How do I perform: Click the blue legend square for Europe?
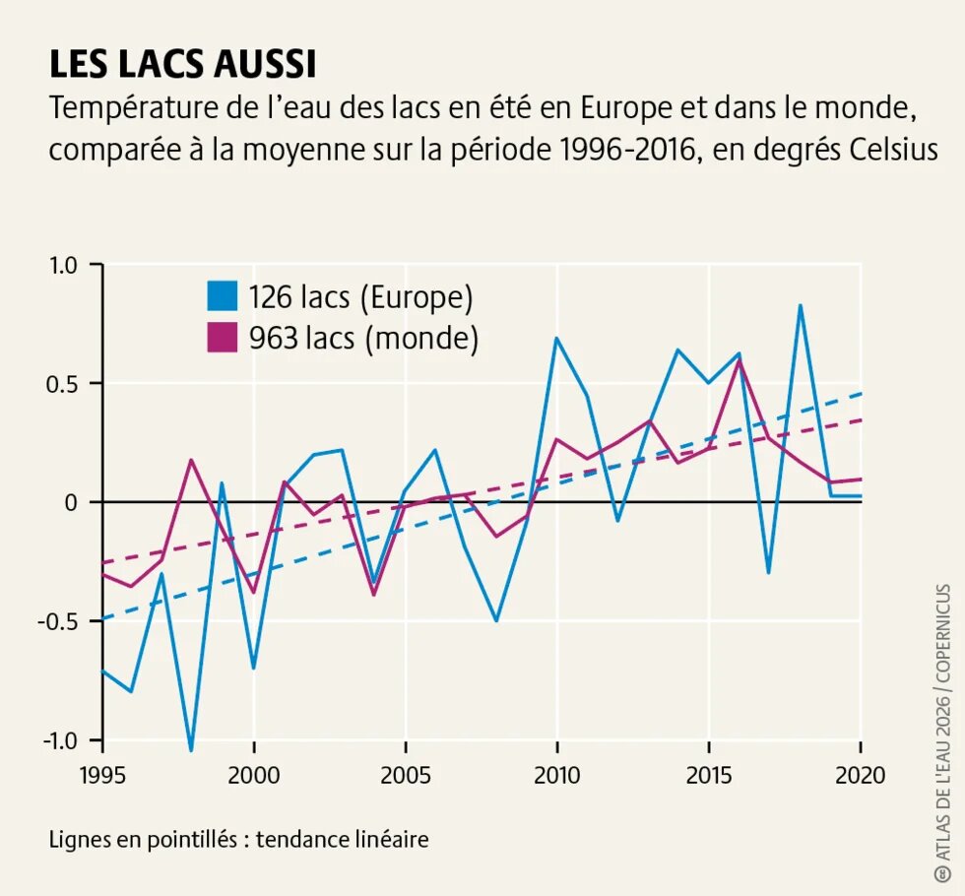(223, 296)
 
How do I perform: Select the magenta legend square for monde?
(223, 338)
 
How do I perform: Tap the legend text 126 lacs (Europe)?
(360, 296)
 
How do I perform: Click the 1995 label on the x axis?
(102, 775)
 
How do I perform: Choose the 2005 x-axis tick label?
(406, 775)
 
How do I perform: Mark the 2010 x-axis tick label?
(556, 775)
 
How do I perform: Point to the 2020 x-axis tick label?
(860, 775)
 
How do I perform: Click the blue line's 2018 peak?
(801, 305)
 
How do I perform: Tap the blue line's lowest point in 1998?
(191, 750)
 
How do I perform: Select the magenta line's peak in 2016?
(740, 360)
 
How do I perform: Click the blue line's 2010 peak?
(556, 338)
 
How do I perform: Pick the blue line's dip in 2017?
(769, 572)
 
